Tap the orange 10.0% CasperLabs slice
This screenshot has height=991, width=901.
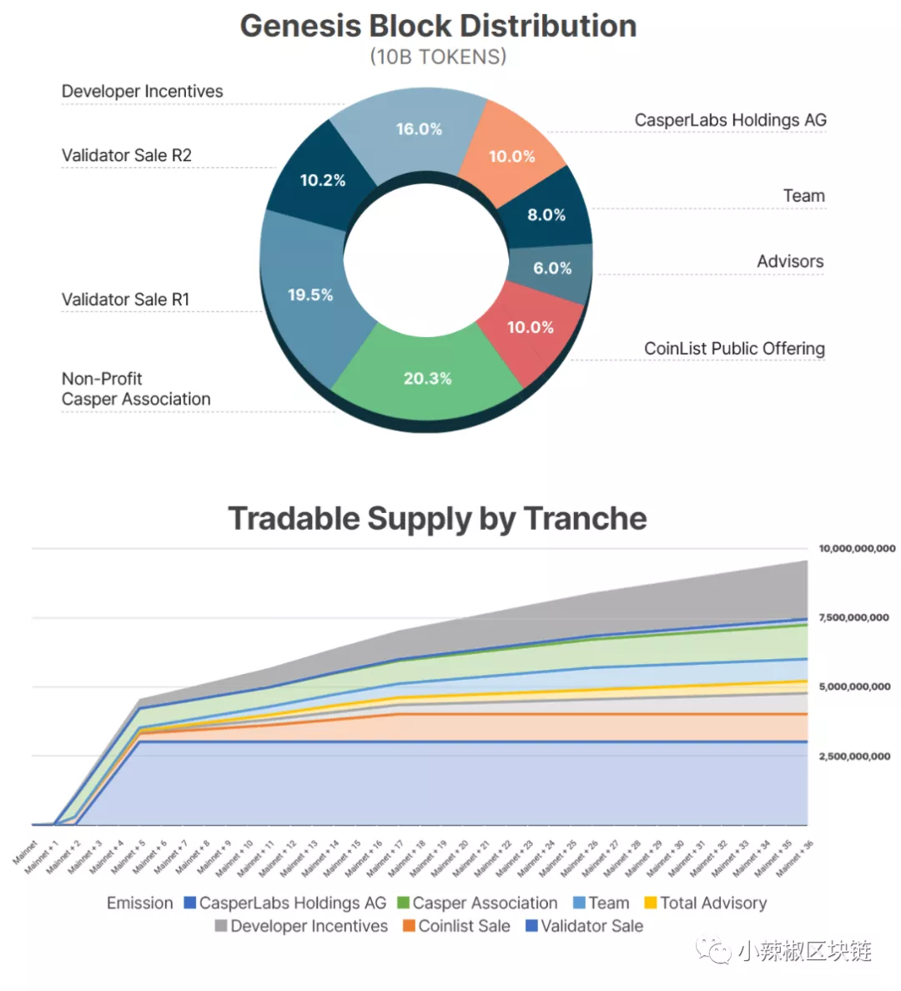(511, 156)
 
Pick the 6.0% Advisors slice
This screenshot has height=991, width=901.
(552, 268)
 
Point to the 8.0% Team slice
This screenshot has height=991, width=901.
(546, 214)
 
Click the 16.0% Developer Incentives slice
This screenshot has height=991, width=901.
(418, 129)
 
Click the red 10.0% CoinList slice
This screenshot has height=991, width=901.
(530, 327)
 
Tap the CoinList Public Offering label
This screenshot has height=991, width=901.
(734, 348)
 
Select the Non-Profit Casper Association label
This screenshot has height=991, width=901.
(136, 389)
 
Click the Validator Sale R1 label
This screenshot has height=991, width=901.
(126, 299)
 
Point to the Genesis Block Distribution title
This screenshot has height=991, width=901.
(438, 26)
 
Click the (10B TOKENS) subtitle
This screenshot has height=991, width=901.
(438, 57)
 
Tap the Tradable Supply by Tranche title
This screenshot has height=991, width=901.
(437, 518)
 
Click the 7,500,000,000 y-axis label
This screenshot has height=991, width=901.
(854, 617)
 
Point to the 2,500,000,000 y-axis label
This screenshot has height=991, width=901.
(854, 756)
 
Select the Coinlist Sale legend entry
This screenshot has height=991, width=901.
(456, 926)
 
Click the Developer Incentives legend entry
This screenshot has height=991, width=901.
(301, 926)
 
